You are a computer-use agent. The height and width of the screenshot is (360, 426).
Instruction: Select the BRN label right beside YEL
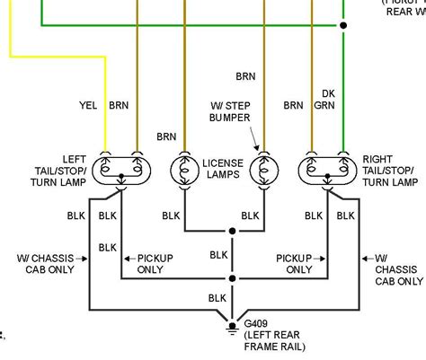coord(119,104)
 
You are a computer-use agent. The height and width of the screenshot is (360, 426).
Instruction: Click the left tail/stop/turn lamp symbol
coord(120,167)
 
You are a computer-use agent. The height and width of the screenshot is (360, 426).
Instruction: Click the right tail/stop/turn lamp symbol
coord(326,167)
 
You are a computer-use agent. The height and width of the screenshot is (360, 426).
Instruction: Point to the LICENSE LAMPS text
coord(222,167)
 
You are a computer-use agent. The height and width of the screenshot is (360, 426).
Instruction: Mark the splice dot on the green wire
coord(342,25)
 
